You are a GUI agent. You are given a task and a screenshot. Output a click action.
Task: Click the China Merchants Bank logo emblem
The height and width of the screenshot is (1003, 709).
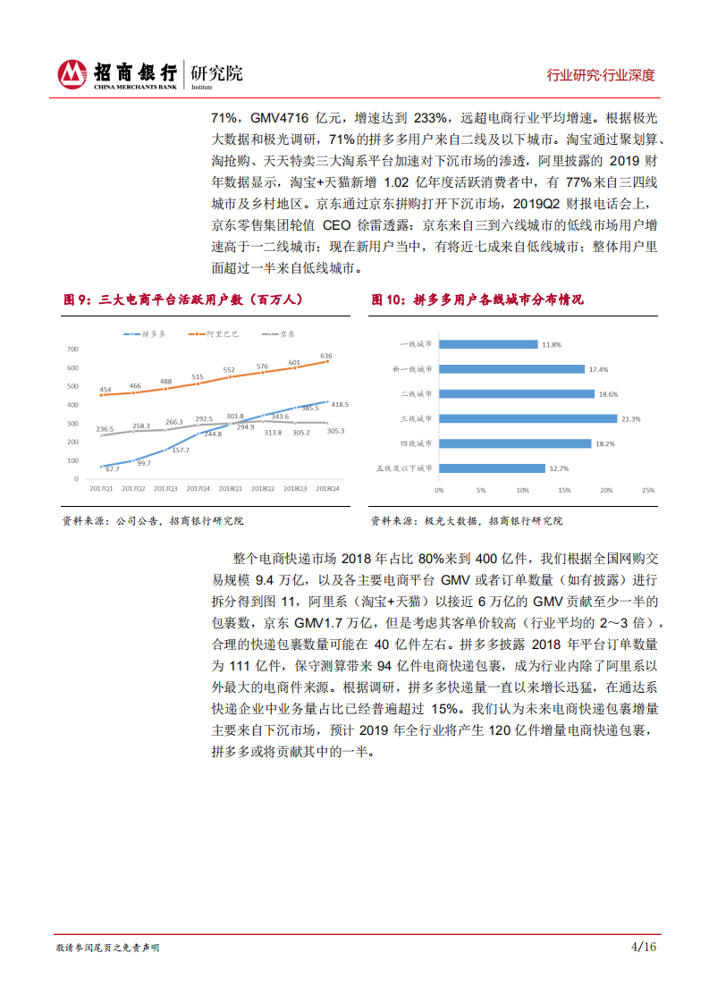(72, 74)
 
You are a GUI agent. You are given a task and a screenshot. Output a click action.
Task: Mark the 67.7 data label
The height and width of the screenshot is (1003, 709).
(112, 468)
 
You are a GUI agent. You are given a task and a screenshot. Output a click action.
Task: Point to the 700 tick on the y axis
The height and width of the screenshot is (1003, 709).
(73, 349)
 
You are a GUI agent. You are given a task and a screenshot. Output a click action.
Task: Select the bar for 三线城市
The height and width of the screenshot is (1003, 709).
(528, 418)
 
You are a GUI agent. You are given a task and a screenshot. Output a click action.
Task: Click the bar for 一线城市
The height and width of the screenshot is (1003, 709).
(488, 344)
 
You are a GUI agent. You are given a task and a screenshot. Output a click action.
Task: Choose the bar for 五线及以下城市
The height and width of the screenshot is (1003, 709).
(492, 468)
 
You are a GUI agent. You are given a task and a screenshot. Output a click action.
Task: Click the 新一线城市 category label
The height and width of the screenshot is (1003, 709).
(413, 369)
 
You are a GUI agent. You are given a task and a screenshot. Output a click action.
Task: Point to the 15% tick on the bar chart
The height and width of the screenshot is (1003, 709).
(564, 490)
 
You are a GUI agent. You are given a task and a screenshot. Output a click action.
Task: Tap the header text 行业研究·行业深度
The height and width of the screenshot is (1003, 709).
(601, 75)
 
